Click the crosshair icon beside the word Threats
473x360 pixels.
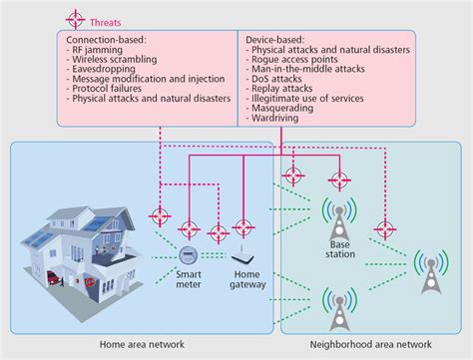[74, 19]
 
